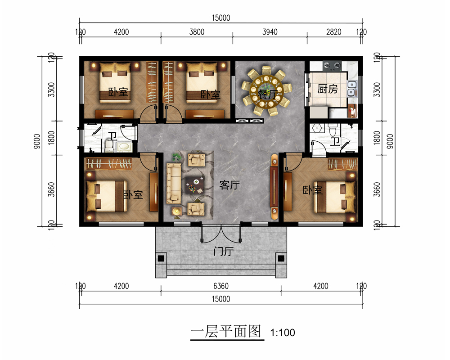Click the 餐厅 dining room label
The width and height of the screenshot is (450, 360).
coord(267,94)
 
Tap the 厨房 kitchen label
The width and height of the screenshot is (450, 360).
coord(327,89)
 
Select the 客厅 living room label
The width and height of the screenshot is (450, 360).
coord(229,185)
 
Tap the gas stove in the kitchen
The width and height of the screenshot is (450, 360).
coord(331,66)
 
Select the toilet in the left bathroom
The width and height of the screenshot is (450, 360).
coord(109,145)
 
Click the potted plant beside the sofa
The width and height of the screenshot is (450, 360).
coord(177,157)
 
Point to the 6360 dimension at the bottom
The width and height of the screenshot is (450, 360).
coord(220,286)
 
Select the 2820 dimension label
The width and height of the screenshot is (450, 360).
coord(333,32)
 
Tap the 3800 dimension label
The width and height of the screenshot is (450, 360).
coord(196,32)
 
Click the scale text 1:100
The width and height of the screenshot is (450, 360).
coord(283,333)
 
